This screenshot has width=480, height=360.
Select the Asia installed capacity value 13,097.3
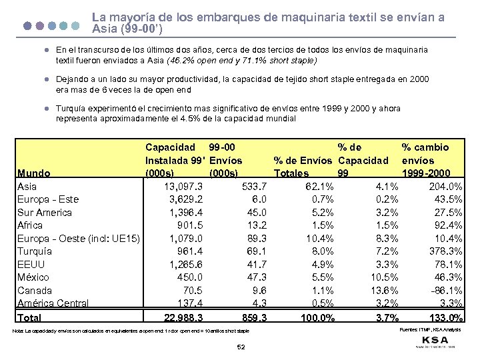[177, 186]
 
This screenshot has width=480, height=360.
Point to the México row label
[33, 277]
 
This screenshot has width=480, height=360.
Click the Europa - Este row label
[48, 199]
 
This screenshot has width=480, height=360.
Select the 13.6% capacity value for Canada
[385, 290]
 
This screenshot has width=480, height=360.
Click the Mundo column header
[34, 173]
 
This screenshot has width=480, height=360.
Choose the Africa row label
[31, 225]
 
